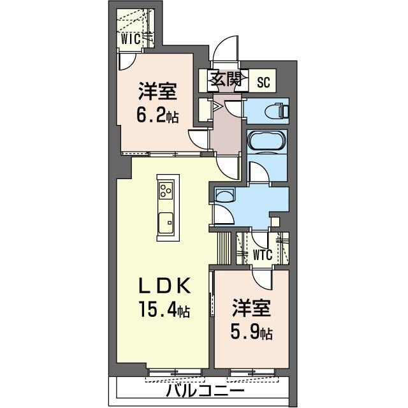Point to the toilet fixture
tap(279, 112)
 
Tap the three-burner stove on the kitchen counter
tap(166, 189)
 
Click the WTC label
tap(263, 255)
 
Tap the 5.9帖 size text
tap(251, 333)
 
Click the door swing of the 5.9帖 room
tap(261, 277)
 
